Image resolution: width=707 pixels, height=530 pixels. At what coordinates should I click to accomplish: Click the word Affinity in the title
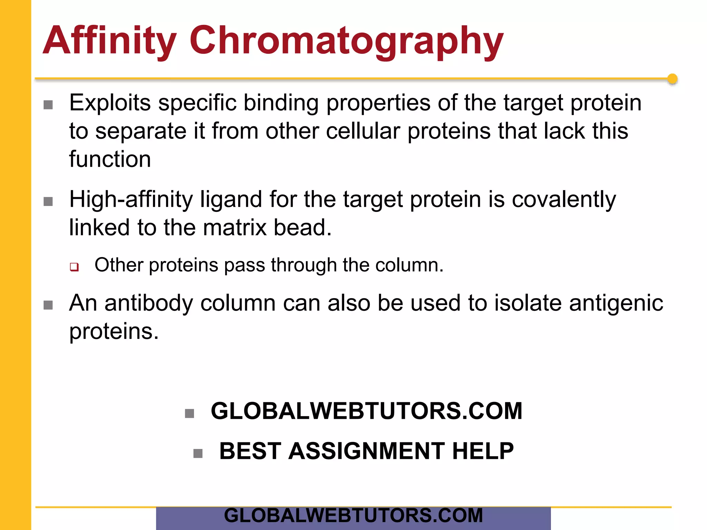pos(109,41)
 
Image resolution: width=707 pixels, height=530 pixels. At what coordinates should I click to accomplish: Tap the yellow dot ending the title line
pos(672,79)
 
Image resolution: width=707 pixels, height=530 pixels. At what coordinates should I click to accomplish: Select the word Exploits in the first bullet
pos(110,103)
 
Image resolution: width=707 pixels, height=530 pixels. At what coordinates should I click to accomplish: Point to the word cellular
pos(363,131)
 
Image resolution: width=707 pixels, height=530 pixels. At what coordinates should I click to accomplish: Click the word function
pos(110,159)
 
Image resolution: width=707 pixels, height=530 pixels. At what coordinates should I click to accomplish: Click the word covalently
pos(564,199)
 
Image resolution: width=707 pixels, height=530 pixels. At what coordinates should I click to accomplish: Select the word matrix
pos(235,227)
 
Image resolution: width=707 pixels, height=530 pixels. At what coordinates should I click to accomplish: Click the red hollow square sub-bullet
pos(74,267)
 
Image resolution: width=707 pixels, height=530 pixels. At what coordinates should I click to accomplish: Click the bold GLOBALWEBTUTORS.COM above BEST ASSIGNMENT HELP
pos(366,411)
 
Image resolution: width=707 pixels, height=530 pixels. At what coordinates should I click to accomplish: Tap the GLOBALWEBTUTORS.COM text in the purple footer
pos(353,516)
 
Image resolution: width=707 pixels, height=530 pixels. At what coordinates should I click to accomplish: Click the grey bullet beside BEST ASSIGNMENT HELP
pos(198,453)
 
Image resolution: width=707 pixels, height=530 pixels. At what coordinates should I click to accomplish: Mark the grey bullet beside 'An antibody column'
pos(48,305)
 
